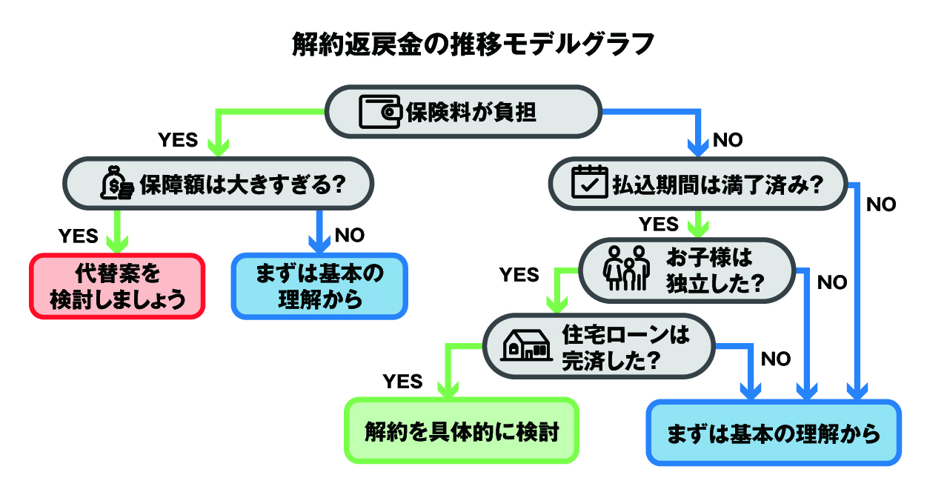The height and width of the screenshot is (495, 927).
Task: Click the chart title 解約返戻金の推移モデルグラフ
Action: [x=463, y=44]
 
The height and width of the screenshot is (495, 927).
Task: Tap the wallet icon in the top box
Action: [x=380, y=112]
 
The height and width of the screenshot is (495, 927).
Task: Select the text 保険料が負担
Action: [x=471, y=112]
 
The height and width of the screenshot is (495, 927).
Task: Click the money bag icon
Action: [x=117, y=184]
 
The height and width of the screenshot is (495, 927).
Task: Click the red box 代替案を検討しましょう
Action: [x=117, y=286]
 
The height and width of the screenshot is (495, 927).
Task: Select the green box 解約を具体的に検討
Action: [x=460, y=431]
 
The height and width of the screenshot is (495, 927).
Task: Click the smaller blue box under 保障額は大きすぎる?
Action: [x=320, y=286]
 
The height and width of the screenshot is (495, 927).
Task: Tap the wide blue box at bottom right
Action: [x=774, y=433]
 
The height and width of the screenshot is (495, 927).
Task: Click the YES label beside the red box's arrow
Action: [x=78, y=236]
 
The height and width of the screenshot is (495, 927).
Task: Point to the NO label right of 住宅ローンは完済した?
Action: [x=776, y=359]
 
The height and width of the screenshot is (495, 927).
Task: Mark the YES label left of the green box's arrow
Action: [x=402, y=382]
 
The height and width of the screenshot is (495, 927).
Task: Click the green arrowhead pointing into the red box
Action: [x=117, y=245]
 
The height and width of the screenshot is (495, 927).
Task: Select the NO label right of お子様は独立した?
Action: [x=831, y=283]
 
